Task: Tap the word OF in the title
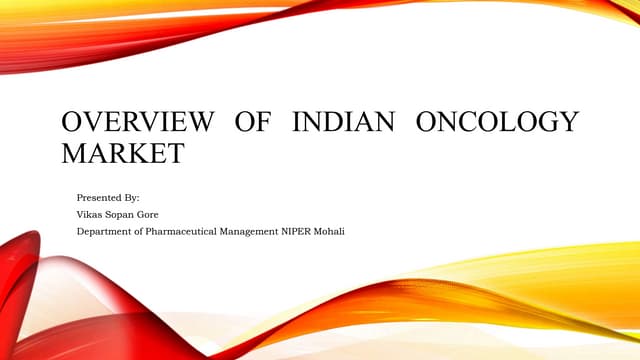(x=254, y=123)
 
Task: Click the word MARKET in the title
(x=123, y=155)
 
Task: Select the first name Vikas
(x=90, y=215)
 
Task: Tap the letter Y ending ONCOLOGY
(x=569, y=123)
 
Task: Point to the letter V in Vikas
(x=80, y=215)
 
